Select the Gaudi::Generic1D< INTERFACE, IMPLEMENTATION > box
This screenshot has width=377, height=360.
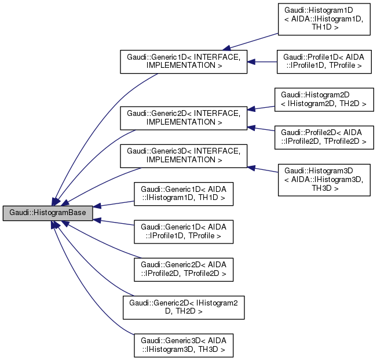tap(184, 61)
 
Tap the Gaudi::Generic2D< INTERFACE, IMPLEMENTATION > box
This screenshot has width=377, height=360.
tap(184, 118)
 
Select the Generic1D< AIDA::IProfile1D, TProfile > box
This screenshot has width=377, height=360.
tap(184, 231)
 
